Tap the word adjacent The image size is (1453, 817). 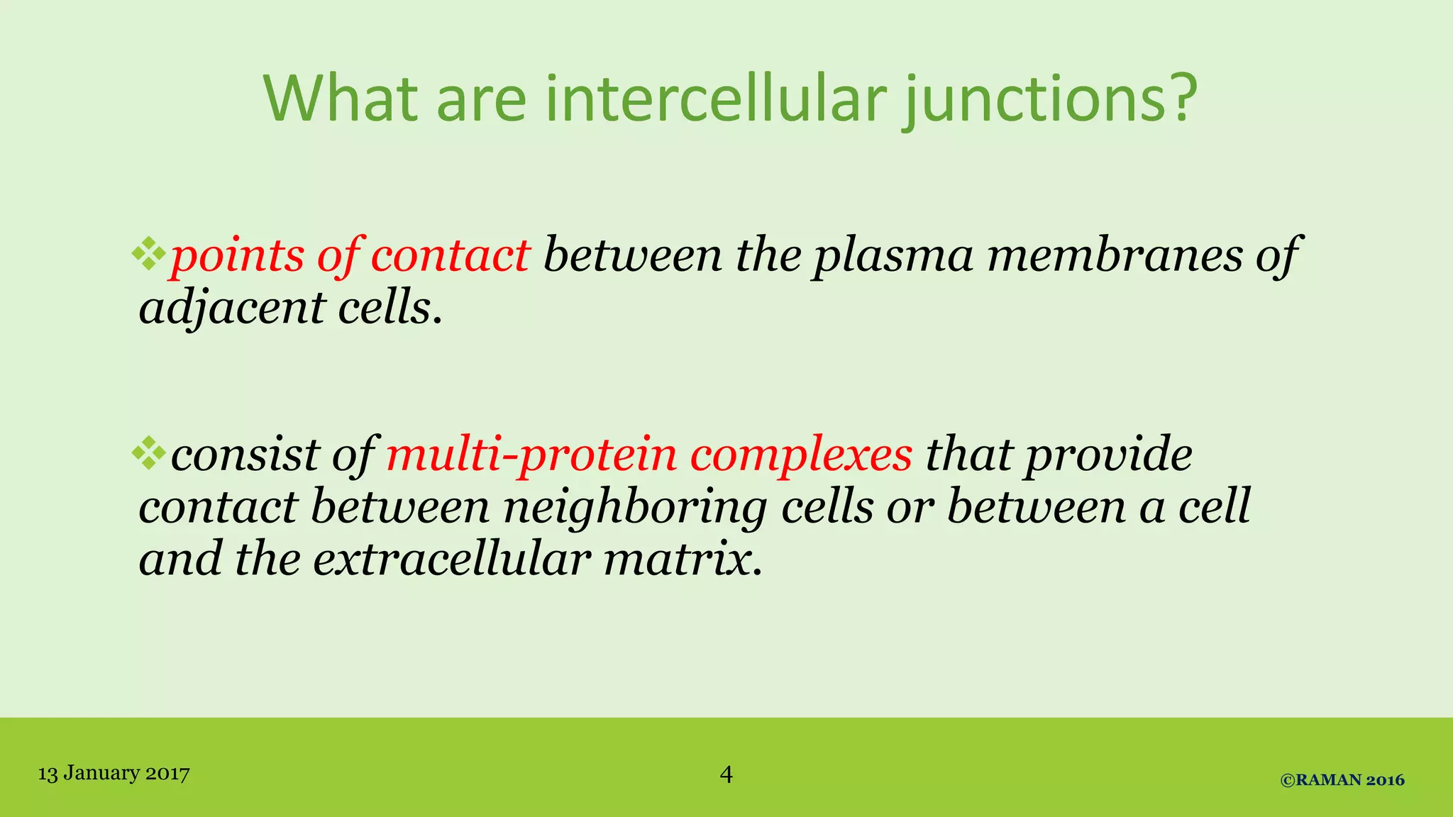[231, 309]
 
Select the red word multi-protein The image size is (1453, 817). [531, 455]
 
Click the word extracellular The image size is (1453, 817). [451, 559]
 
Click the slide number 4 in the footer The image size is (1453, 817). [726, 774]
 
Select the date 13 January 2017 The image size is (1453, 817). [114, 773]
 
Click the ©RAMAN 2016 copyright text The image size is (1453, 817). [1342, 780]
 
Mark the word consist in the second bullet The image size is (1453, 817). [245, 455]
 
